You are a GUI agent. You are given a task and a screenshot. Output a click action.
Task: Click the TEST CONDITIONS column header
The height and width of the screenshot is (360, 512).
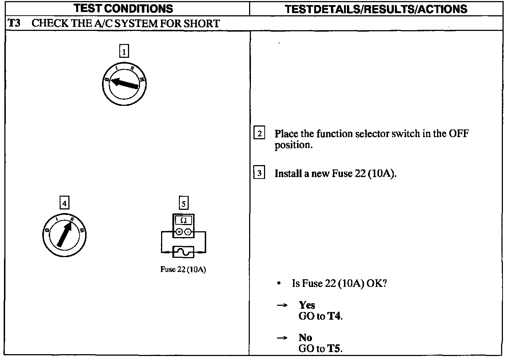coord(123,9)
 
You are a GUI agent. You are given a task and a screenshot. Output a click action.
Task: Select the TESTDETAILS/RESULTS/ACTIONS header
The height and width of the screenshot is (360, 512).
coord(376,9)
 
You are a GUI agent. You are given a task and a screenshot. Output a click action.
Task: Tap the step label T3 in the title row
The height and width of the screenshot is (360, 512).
coord(14,24)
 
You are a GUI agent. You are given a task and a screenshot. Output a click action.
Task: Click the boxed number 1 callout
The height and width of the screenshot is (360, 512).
coord(124,52)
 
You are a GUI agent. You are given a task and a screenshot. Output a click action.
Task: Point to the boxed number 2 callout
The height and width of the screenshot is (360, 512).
coord(259,133)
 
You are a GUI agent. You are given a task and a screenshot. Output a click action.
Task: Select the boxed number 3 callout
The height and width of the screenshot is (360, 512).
coord(259,173)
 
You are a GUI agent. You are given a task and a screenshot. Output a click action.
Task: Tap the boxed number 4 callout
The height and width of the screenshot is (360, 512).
coord(64,203)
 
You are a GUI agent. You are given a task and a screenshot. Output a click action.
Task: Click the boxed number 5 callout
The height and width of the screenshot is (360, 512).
coord(184,204)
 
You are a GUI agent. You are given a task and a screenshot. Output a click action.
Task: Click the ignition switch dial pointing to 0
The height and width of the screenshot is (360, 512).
coord(125,84)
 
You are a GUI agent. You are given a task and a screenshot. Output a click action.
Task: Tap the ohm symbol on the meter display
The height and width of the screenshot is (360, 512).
coord(184,220)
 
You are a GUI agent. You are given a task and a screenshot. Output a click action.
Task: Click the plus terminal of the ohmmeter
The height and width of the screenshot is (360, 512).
coord(179,232)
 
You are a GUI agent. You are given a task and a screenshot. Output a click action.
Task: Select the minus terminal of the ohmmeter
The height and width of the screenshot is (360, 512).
coord(188,232)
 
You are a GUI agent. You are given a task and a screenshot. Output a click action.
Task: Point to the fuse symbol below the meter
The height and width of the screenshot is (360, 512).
coord(184,252)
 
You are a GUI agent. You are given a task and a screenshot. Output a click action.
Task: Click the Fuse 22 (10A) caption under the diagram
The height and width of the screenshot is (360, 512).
coord(183,269)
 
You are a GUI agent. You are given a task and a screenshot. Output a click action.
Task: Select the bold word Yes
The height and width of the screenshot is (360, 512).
coord(307,305)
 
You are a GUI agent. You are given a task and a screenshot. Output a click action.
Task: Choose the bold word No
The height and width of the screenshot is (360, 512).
coord(305,337)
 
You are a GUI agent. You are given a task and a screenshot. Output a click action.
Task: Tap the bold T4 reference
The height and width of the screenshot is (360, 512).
coord(335,316)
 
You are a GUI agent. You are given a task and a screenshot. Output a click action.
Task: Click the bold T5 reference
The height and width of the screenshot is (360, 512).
coord(335,349)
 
